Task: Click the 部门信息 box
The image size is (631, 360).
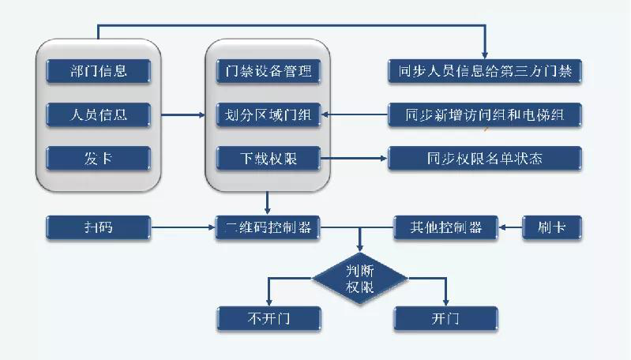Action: (98, 71)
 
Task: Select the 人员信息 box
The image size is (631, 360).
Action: (98, 115)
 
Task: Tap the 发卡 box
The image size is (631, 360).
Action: (98, 159)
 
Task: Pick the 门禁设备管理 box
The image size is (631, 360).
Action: (269, 71)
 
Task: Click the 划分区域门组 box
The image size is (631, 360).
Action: (269, 115)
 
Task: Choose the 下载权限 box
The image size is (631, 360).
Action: (269, 159)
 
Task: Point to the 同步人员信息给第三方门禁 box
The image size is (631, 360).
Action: (485, 72)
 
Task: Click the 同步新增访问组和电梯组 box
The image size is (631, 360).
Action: (485, 115)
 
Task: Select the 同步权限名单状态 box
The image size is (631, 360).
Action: (485, 159)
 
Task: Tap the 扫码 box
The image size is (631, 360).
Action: (98, 228)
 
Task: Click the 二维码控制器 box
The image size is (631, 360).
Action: (269, 228)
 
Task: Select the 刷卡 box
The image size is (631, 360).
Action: (552, 228)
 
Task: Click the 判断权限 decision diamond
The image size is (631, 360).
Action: (360, 278)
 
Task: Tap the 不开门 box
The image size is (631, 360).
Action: (269, 318)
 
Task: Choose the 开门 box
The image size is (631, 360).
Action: (445, 318)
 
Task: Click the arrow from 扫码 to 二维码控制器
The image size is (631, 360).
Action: (182, 228)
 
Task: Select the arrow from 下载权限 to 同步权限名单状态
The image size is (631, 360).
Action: (354, 159)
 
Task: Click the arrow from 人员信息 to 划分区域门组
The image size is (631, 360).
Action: (183, 115)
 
